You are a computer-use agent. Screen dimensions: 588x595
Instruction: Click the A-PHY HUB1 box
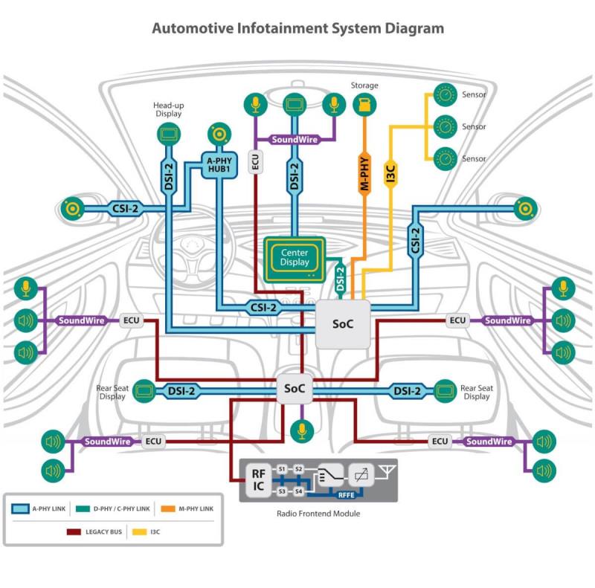click(x=220, y=166)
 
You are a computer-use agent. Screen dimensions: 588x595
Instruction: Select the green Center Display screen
click(x=294, y=257)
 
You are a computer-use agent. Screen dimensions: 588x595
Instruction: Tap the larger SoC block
click(x=343, y=324)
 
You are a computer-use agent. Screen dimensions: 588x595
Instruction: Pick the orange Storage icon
click(x=364, y=104)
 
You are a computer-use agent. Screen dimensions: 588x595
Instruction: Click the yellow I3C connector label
click(x=389, y=174)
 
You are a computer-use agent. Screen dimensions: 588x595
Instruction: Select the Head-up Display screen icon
click(x=169, y=134)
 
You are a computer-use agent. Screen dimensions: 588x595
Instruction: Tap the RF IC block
click(x=257, y=480)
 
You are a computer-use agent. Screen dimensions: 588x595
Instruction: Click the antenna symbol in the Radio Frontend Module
click(x=385, y=471)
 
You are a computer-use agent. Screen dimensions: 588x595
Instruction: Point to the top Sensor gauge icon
click(x=444, y=95)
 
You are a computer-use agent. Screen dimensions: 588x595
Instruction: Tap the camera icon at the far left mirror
click(x=73, y=209)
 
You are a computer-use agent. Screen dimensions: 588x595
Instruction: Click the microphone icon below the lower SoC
click(x=300, y=430)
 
